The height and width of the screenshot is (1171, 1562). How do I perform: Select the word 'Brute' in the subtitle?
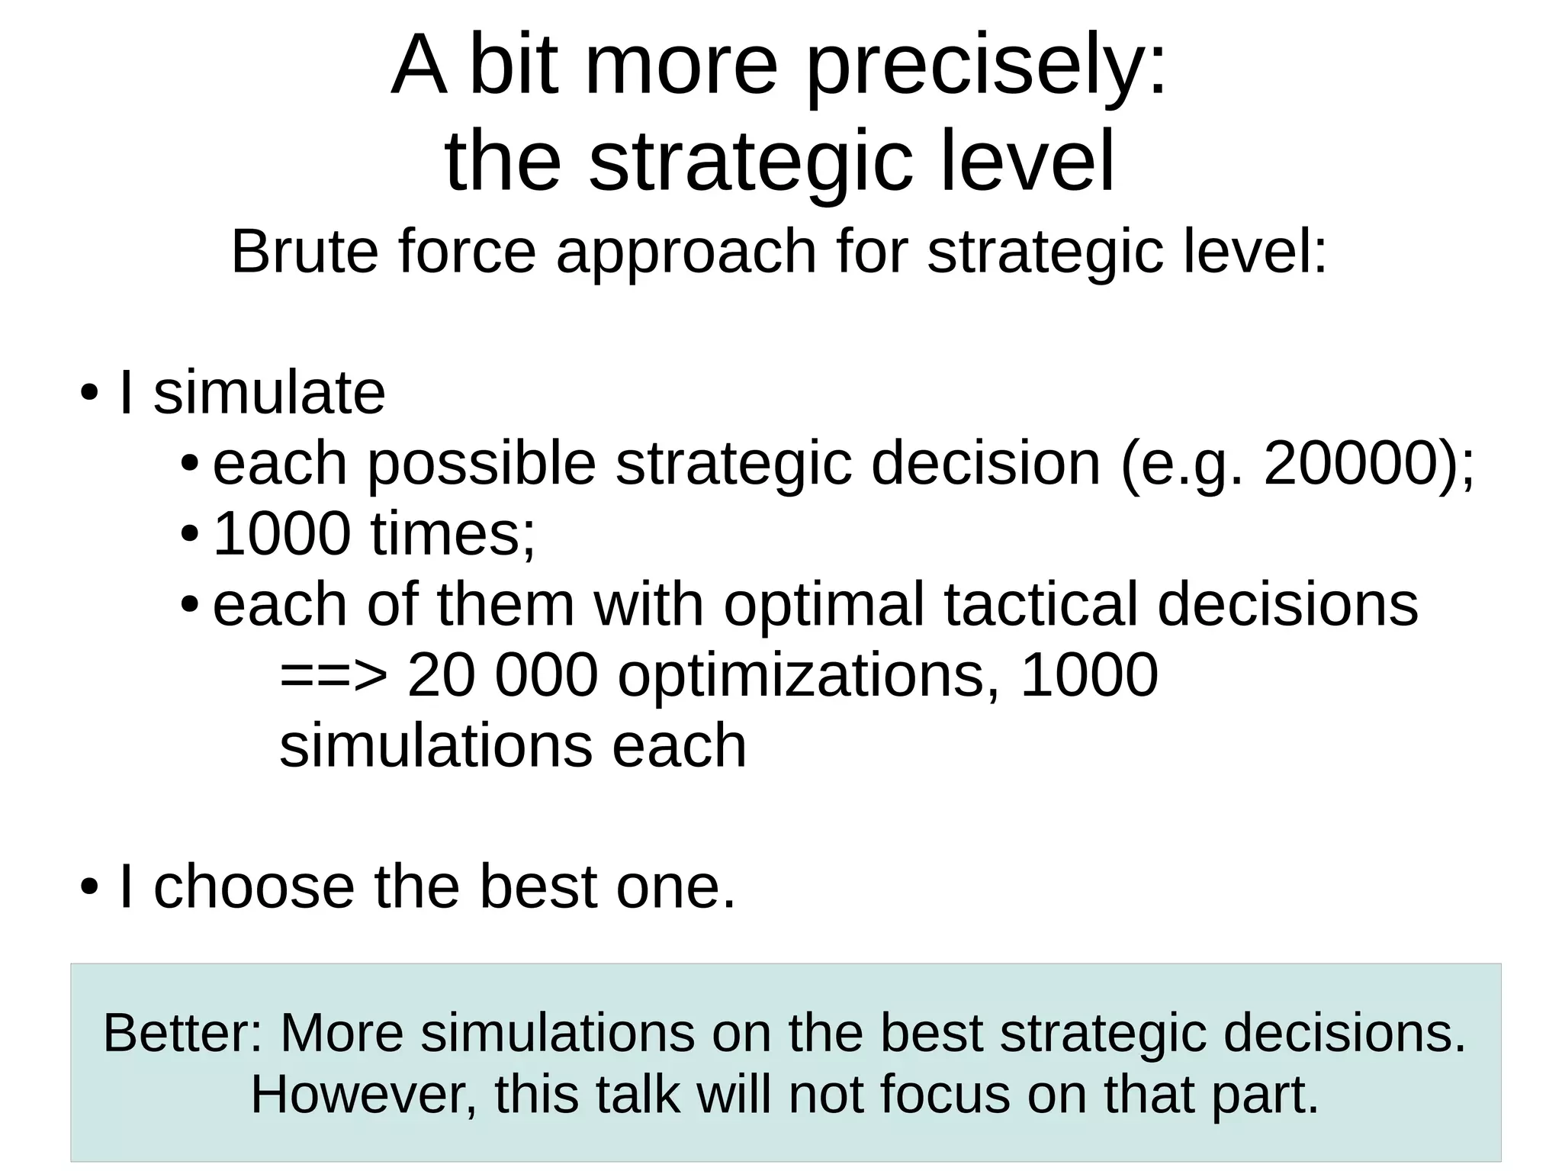(x=304, y=252)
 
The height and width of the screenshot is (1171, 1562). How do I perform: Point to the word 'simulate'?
(x=269, y=393)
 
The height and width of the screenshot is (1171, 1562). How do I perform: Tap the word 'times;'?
(x=453, y=534)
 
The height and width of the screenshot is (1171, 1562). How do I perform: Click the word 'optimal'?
(x=824, y=605)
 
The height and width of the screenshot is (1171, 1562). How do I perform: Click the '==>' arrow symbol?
(x=333, y=676)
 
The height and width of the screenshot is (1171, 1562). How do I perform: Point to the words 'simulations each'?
(x=513, y=746)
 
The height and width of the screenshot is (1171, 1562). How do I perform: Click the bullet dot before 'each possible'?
(x=190, y=465)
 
